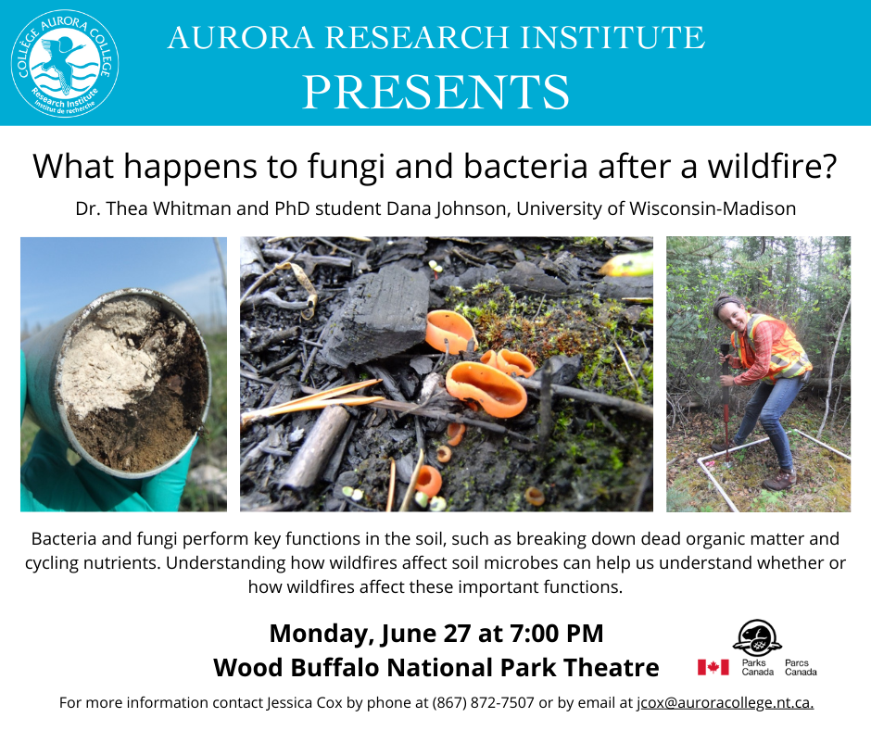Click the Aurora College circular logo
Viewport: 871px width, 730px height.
pyautogui.click(x=65, y=63)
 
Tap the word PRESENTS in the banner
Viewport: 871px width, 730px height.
pyautogui.click(x=436, y=93)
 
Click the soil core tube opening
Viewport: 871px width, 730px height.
pyautogui.click(x=133, y=384)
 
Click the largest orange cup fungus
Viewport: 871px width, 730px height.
pyautogui.click(x=486, y=388)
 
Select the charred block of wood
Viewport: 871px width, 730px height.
pyautogui.click(x=378, y=316)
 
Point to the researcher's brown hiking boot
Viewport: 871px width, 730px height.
pyautogui.click(x=780, y=480)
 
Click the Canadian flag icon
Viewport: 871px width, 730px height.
pyautogui.click(x=713, y=667)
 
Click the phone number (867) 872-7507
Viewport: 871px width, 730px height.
pyautogui.click(x=484, y=703)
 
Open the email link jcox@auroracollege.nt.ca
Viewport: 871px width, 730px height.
pyautogui.click(x=725, y=703)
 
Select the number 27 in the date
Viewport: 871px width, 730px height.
pyautogui.click(x=457, y=634)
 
